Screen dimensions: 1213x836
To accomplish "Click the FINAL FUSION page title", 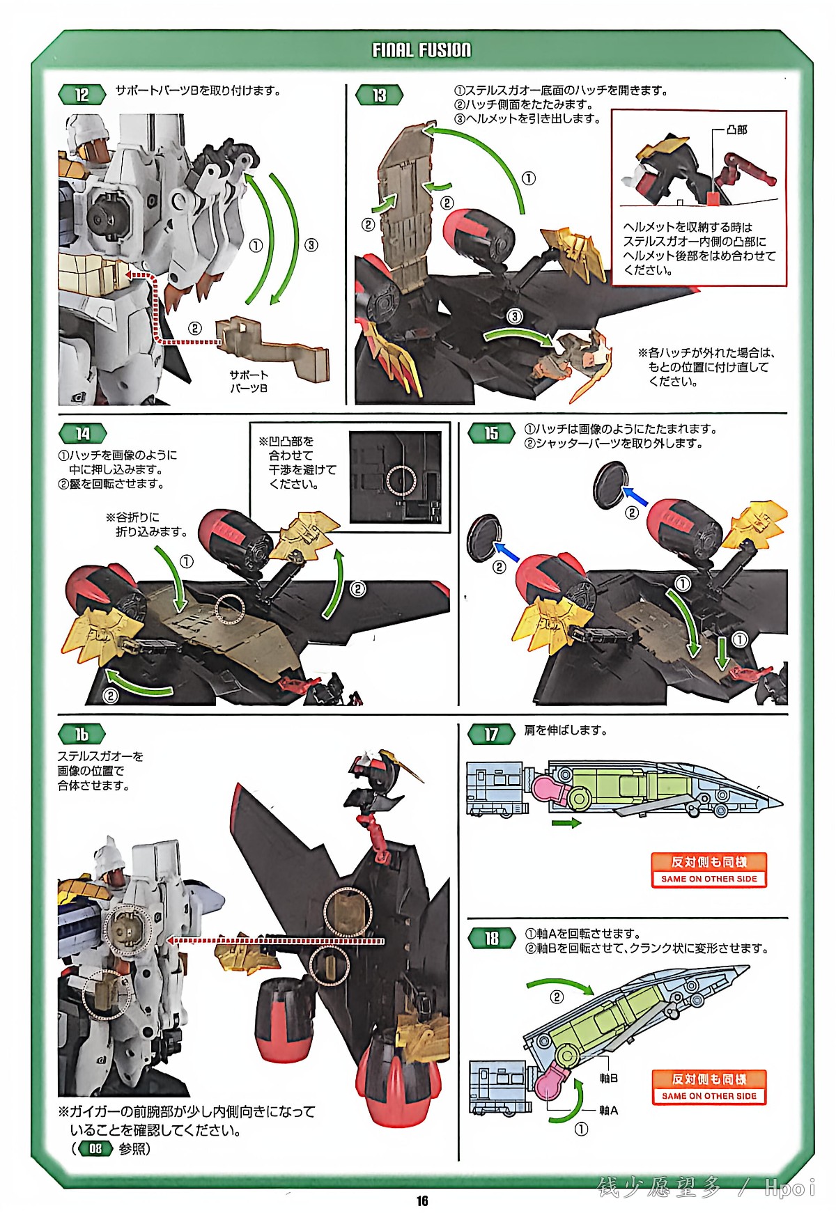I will [421, 50].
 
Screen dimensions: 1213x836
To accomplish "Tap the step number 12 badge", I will [82, 95].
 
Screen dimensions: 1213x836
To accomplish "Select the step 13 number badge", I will [379, 95].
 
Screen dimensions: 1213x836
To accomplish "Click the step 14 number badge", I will [82, 434].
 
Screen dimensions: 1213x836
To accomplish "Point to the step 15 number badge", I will [491, 433].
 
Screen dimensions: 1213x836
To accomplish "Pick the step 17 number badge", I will [491, 734].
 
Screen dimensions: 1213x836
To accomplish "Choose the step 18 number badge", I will [491, 938].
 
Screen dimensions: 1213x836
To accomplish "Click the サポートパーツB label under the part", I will [249, 381].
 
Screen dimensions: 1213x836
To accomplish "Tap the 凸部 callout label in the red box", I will [736, 130].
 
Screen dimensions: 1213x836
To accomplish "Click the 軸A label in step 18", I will [608, 1110].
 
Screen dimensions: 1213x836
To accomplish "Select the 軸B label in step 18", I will [608, 1078].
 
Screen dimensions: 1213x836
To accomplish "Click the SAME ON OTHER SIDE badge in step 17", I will [709, 870].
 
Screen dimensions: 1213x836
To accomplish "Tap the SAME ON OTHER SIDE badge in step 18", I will [709, 1088].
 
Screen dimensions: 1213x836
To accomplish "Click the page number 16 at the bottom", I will [422, 1200].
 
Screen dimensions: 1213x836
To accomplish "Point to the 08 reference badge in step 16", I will [95, 1148].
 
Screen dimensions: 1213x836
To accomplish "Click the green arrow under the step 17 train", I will [566, 823].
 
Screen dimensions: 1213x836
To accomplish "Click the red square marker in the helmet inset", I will [713, 198].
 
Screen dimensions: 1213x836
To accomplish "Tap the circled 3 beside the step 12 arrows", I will [311, 244].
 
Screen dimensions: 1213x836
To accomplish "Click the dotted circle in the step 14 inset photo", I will [401, 480].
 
